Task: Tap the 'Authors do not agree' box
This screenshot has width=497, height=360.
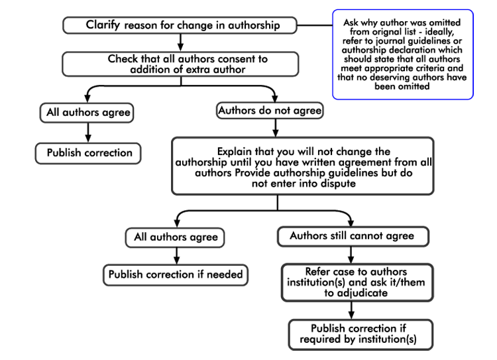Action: pos(270,111)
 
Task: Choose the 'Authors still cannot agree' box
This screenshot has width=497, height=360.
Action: pos(351,235)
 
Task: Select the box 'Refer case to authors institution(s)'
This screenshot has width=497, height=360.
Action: pos(357,282)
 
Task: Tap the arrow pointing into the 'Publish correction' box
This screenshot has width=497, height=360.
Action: pos(88,133)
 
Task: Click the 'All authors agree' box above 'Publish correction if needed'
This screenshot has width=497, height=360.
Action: pos(175,236)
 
